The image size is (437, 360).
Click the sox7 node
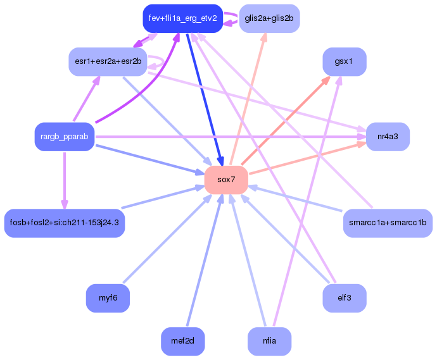click(226, 180)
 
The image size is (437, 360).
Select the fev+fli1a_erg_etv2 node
click(182, 18)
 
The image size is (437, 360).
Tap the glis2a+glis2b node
click(269, 18)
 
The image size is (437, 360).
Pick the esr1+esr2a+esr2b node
click(108, 61)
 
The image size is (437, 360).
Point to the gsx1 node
click(345, 62)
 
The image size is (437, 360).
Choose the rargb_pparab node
click(64, 137)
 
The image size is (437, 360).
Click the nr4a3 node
click(388, 137)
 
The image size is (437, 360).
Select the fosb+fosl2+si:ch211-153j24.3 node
click(65, 223)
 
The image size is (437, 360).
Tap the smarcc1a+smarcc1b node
click(388, 223)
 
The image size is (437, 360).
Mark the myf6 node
click(108, 298)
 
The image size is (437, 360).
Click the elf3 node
click(345, 298)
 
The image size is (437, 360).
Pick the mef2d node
click(183, 342)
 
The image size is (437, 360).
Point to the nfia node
click(269, 342)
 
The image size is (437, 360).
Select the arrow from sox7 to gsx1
click(285, 121)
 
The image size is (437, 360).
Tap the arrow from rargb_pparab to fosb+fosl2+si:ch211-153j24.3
click(64, 180)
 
